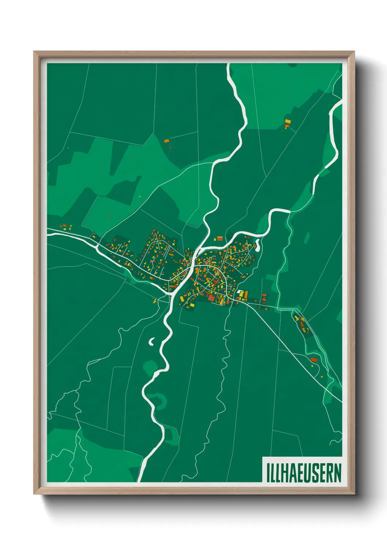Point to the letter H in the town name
pos(284,472)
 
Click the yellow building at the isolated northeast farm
pos(288,121)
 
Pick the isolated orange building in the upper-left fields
pos(166,141)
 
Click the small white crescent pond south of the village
pos(151,342)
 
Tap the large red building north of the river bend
pos(220,239)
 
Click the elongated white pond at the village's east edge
pos(258,244)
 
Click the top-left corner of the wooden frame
pos(34,52)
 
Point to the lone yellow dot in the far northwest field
pos(68,148)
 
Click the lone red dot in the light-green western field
pos(110,218)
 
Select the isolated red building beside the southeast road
pos(313,360)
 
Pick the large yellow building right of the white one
pos(246,294)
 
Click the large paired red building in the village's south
pos(211,298)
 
